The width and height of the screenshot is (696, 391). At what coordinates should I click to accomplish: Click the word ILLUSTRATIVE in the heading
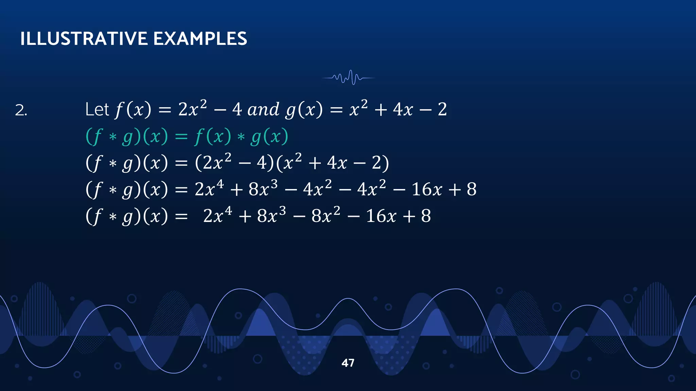[x=84, y=38]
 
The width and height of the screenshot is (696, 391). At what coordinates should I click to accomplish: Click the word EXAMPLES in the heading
[x=200, y=38]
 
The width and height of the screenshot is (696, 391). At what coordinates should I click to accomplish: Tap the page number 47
[x=348, y=363]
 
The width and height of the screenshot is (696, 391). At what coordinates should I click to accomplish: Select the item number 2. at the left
[x=21, y=110]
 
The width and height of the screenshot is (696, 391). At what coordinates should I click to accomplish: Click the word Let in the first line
[x=97, y=109]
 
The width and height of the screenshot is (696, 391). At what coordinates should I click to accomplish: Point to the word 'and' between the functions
[x=263, y=109]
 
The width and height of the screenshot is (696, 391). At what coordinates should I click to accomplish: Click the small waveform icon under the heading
[x=348, y=78]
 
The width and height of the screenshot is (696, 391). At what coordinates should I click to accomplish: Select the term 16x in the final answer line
[x=381, y=216]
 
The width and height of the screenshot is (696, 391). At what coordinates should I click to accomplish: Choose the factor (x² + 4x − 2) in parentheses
[x=332, y=162]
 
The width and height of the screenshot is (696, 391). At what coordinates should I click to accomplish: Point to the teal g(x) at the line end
[x=269, y=136]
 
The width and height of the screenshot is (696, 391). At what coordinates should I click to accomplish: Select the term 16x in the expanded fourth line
[x=427, y=189]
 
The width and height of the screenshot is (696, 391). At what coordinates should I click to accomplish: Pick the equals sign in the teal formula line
[x=181, y=137]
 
